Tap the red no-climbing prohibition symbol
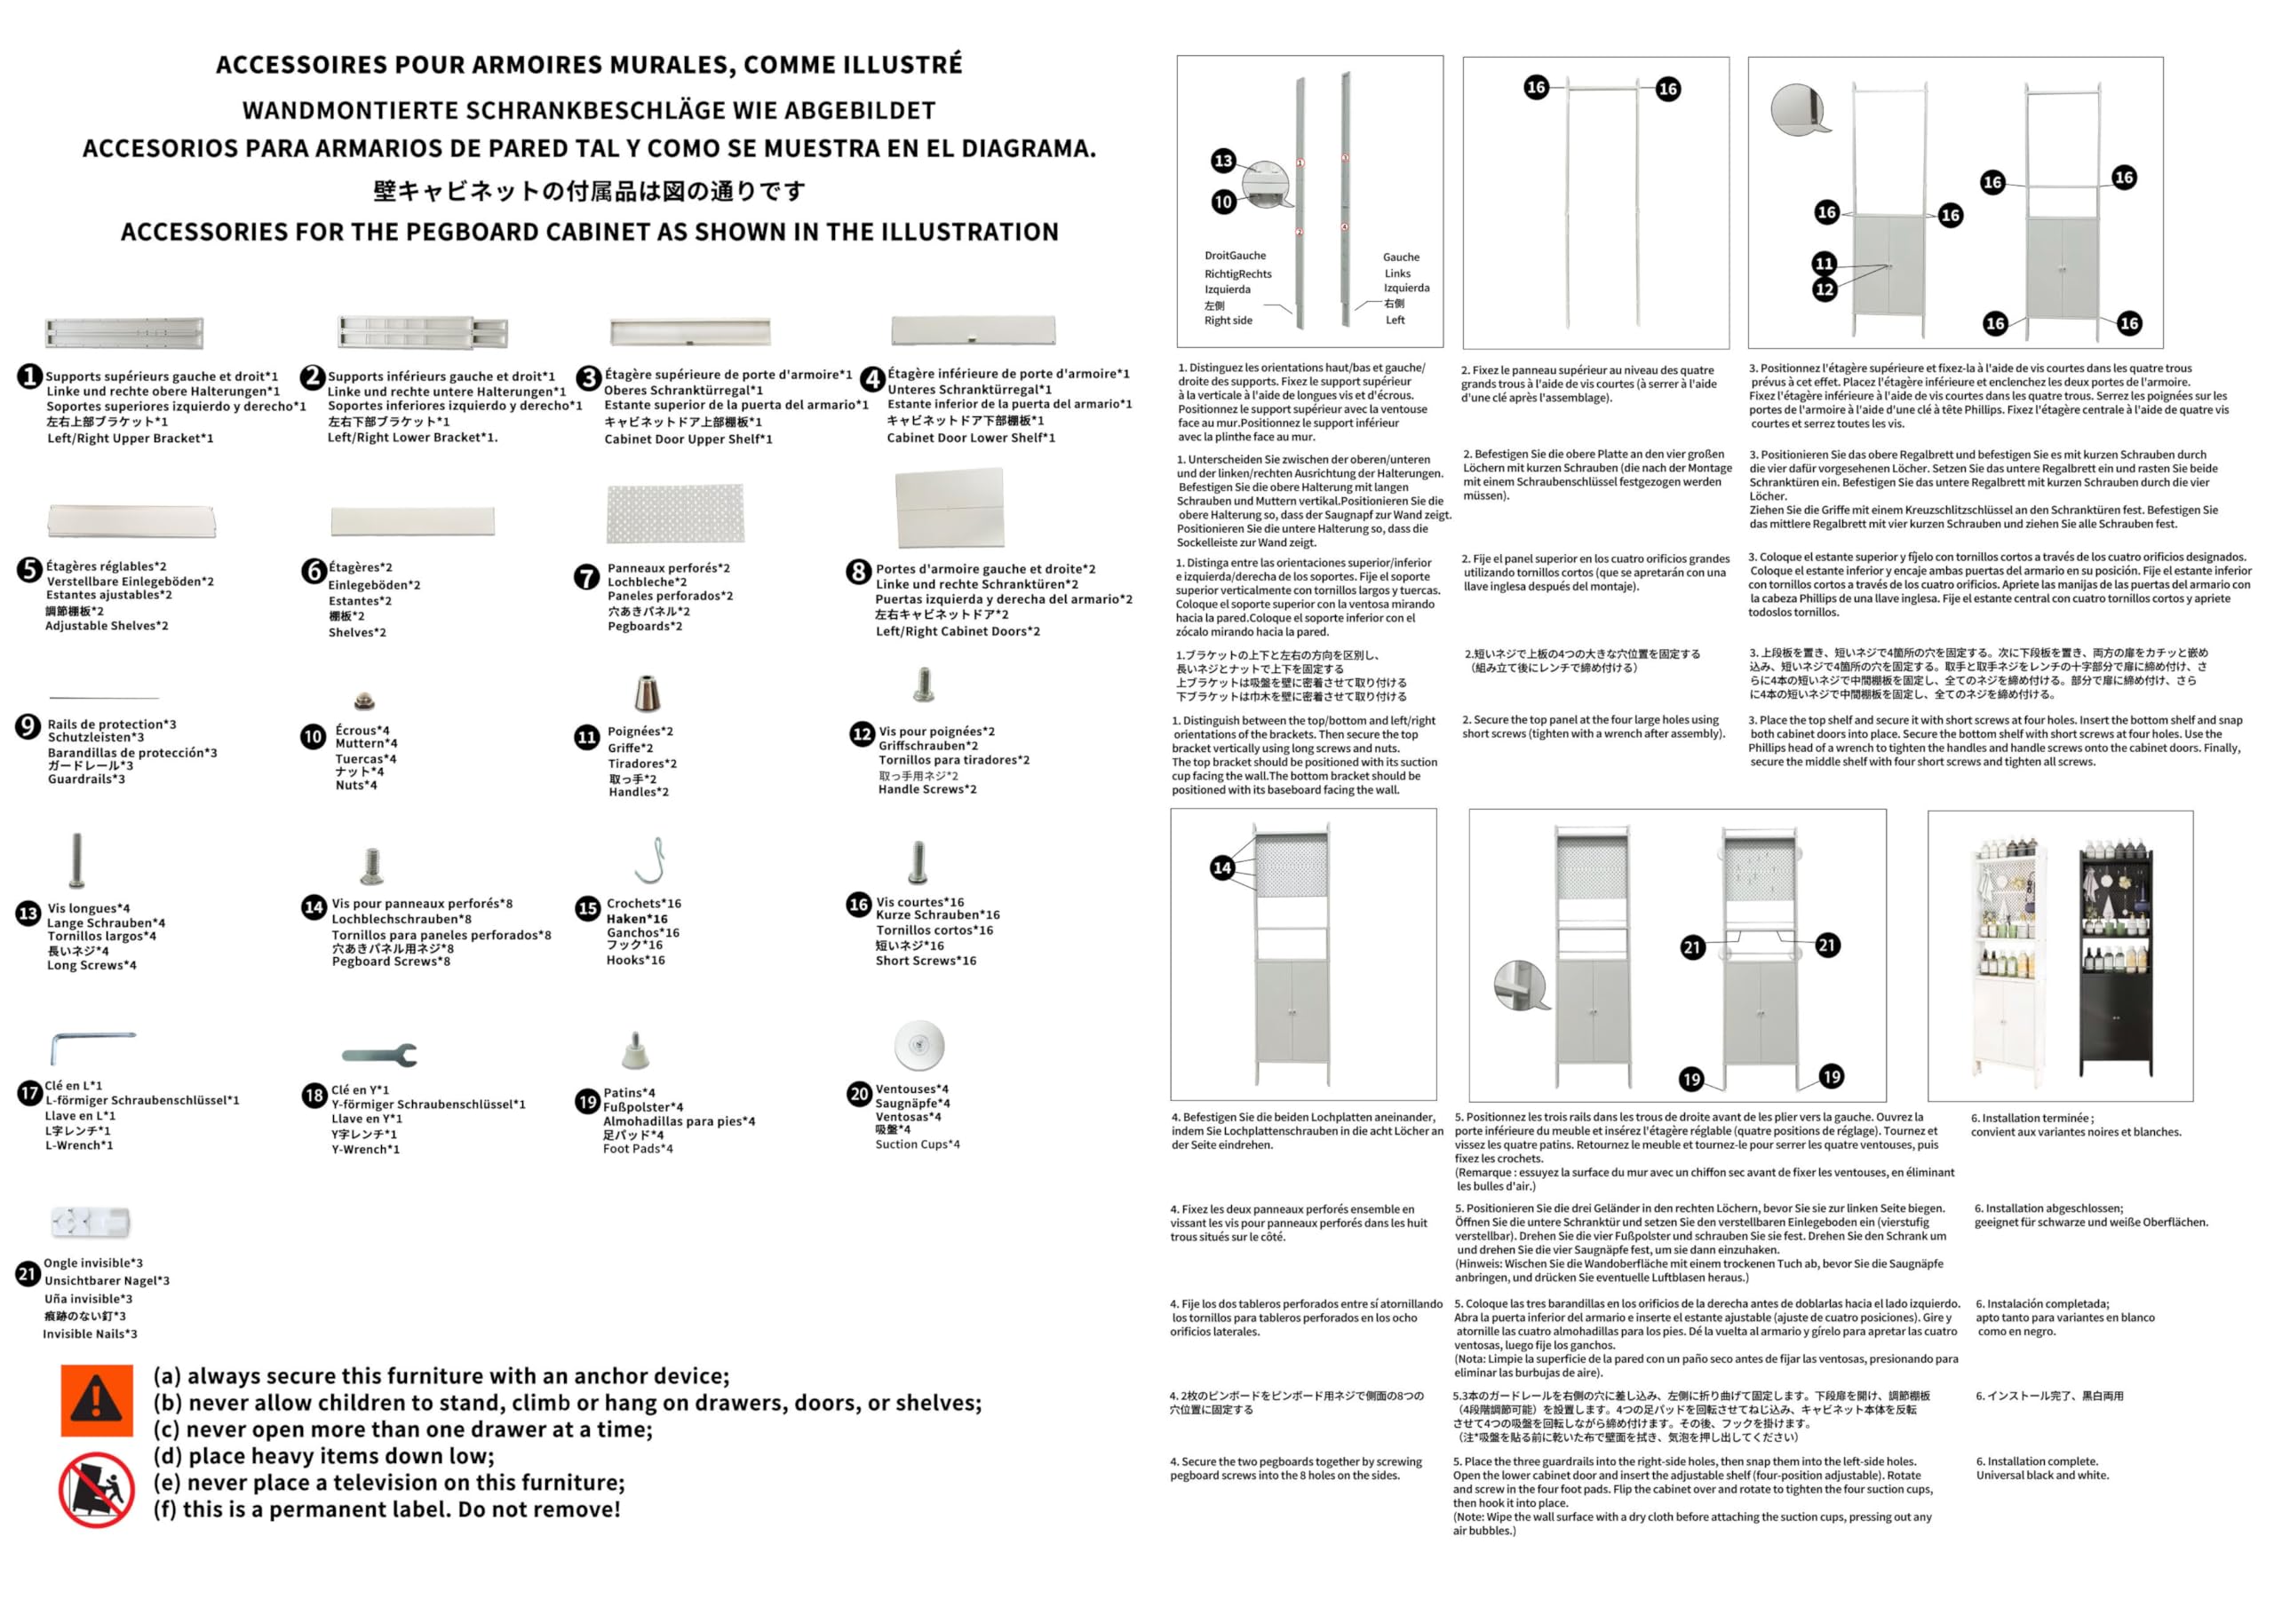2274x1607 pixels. [x=96, y=1489]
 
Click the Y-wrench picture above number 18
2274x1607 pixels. [x=379, y=1055]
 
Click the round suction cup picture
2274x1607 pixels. [x=918, y=1045]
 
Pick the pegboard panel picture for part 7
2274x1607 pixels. [x=674, y=513]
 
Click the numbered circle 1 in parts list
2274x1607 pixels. [x=29, y=376]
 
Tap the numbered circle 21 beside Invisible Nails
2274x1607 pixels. [x=28, y=1273]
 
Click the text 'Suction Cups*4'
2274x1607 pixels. [x=917, y=1144]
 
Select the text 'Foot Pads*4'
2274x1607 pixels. [x=638, y=1149]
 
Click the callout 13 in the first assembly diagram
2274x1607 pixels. [x=1223, y=161]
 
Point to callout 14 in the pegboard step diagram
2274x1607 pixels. [x=1222, y=867]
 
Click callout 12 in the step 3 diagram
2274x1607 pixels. [x=1825, y=289]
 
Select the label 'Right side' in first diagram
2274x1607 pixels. [x=1228, y=321]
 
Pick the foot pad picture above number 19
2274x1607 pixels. [x=635, y=1049]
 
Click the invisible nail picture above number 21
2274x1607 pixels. [x=90, y=1221]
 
